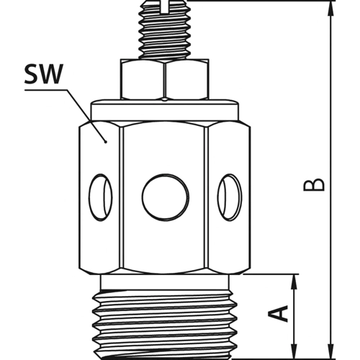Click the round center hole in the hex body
(166, 193)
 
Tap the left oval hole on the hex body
(102, 193)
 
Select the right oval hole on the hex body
(230, 193)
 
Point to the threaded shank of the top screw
(165, 36)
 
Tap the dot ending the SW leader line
(106, 143)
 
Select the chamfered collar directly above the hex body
(166, 109)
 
